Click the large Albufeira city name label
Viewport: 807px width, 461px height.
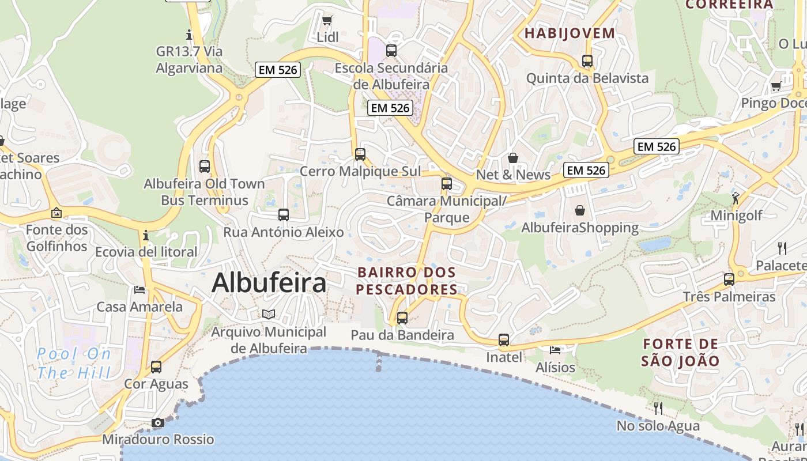pyautogui.click(x=269, y=283)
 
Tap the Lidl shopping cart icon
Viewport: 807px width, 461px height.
pyautogui.click(x=327, y=21)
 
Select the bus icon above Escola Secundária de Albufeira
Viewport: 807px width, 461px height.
pyautogui.click(x=391, y=51)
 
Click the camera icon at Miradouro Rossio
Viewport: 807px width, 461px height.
pyautogui.click(x=157, y=423)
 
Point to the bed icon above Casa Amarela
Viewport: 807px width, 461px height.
pyautogui.click(x=139, y=289)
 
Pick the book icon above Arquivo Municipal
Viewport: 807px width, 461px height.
pyautogui.click(x=269, y=314)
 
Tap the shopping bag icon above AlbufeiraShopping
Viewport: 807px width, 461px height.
pyautogui.click(x=579, y=211)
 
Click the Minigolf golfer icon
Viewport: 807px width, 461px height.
pyautogui.click(x=736, y=199)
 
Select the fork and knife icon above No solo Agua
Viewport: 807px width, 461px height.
pyautogui.click(x=658, y=409)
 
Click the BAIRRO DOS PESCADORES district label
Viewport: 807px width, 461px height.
pyautogui.click(x=407, y=281)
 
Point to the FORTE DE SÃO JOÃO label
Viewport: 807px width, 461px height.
pyautogui.click(x=681, y=353)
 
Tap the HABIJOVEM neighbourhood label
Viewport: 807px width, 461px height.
pyautogui.click(x=570, y=33)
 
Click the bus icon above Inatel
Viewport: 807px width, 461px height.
pyautogui.click(x=504, y=340)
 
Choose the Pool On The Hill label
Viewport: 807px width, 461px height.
pyautogui.click(x=74, y=364)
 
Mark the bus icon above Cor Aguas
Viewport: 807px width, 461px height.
pyautogui.click(x=156, y=367)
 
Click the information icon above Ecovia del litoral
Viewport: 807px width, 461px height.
pyautogui.click(x=146, y=235)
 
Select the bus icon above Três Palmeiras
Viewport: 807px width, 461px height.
pyautogui.click(x=729, y=279)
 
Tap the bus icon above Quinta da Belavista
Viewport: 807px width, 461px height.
pyautogui.click(x=587, y=61)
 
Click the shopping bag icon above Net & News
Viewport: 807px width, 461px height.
pyautogui.click(x=513, y=158)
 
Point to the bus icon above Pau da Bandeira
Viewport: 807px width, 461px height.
pyautogui.click(x=402, y=318)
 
